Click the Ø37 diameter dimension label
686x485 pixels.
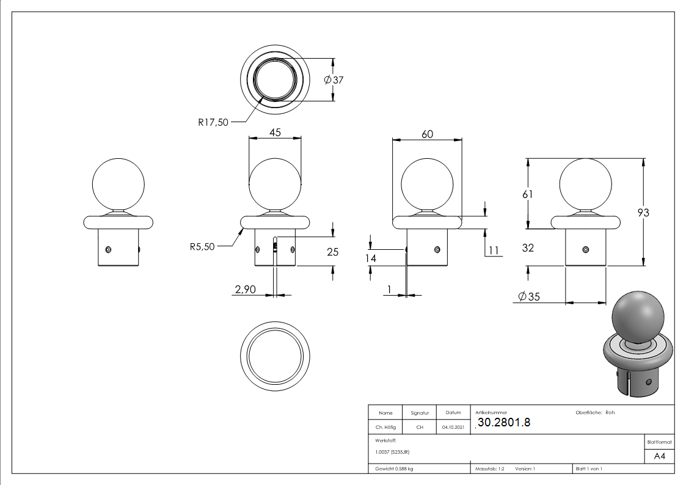(x=334, y=80)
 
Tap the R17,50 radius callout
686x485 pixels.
(x=213, y=122)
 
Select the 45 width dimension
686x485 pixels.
(x=275, y=132)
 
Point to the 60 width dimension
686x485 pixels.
(x=428, y=134)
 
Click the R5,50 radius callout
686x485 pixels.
(x=202, y=247)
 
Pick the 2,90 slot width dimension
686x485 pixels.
(x=246, y=290)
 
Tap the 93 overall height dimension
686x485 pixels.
(x=643, y=213)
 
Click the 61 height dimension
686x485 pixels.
(x=528, y=194)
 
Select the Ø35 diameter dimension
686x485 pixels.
(x=529, y=296)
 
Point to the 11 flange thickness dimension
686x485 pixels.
(x=494, y=250)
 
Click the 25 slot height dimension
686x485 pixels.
(x=332, y=252)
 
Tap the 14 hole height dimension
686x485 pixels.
(x=371, y=258)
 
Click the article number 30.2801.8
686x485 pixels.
(x=504, y=423)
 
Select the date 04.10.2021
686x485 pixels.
(x=453, y=427)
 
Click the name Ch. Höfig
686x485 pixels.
(x=385, y=427)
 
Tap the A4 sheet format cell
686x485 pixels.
(x=659, y=456)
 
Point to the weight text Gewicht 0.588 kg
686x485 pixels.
(x=394, y=469)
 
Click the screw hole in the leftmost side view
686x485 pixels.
(x=108, y=250)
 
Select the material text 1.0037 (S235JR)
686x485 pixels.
(x=392, y=452)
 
